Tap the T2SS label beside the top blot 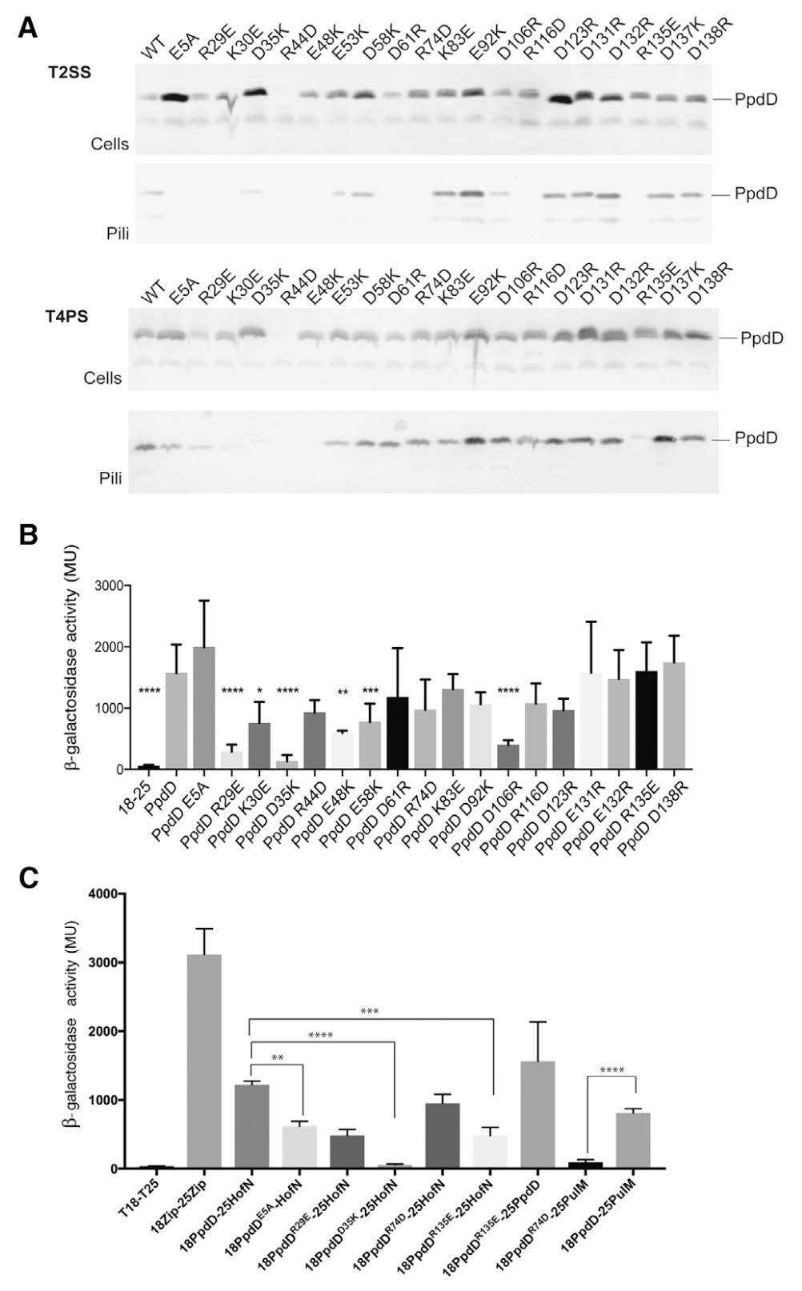tap(68, 72)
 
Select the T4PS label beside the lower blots tap(66, 315)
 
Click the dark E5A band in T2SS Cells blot tap(170, 98)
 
